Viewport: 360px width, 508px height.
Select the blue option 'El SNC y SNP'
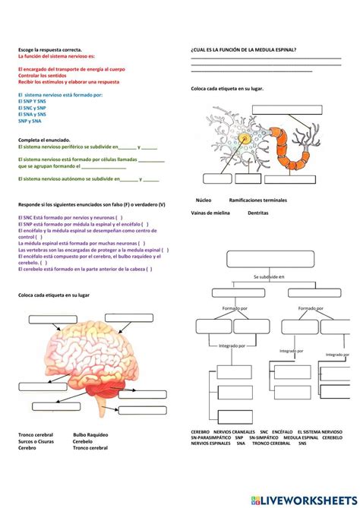click(x=31, y=108)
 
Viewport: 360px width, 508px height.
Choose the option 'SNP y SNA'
click(x=30, y=120)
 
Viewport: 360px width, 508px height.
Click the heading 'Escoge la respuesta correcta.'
click(x=44, y=50)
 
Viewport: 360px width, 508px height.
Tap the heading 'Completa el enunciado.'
click(x=43, y=140)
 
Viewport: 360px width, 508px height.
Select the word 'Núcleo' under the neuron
click(x=204, y=200)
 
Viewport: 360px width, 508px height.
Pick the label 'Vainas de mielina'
click(x=210, y=213)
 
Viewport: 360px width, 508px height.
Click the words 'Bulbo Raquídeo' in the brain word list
click(x=90, y=435)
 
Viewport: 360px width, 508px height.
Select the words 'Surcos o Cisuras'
click(x=36, y=441)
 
